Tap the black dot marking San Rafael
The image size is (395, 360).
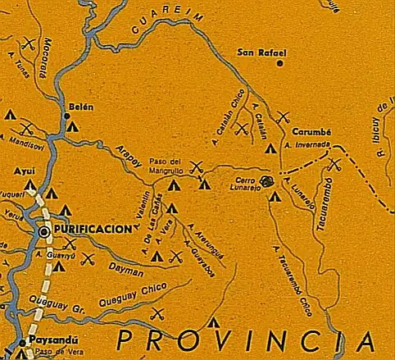[280, 63]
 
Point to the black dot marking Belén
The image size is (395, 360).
[67, 116]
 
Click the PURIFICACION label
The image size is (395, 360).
[93, 230]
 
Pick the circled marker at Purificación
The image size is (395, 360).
[44, 232]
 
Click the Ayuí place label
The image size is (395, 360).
[22, 171]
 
